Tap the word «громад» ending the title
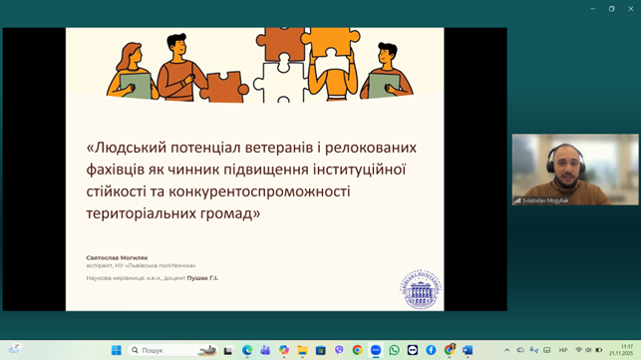[223, 212]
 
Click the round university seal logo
[421, 289]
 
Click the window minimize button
[593, 8]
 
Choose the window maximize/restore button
[612, 8]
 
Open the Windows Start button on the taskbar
[117, 350]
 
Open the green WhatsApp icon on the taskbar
[394, 350]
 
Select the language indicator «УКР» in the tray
[563, 350]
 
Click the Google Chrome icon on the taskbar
[357, 350]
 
